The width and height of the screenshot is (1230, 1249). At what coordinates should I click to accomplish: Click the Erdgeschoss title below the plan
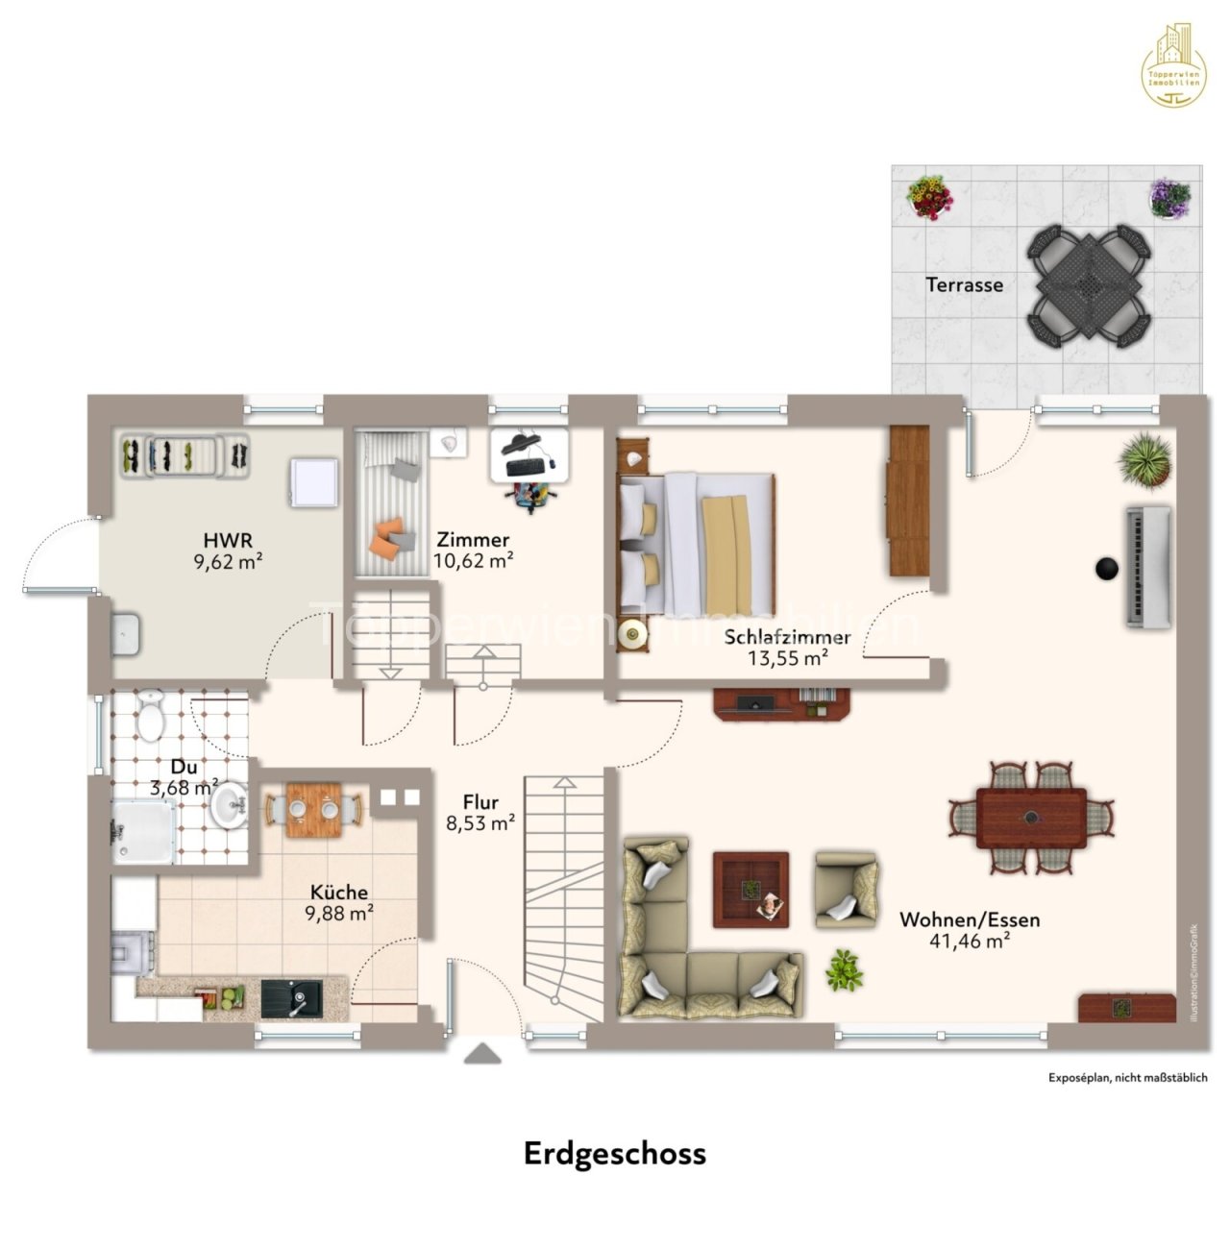(x=614, y=1153)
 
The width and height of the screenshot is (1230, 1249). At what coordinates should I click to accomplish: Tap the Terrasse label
(x=964, y=284)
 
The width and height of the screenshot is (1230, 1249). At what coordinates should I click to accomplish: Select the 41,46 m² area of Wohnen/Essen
(x=969, y=942)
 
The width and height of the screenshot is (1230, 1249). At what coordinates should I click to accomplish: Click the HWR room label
(x=228, y=540)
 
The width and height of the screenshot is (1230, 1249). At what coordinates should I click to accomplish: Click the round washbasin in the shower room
(x=229, y=804)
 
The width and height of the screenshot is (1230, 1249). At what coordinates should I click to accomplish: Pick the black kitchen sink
(x=291, y=999)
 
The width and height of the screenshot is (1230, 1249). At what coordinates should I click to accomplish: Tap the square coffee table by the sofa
(x=750, y=890)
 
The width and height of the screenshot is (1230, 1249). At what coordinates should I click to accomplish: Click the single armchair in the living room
(x=846, y=890)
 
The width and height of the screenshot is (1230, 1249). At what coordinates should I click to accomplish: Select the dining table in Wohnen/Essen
(x=1031, y=819)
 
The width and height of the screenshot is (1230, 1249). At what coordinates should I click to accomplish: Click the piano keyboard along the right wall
(x=1149, y=567)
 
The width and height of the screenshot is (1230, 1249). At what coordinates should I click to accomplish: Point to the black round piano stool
(x=1107, y=568)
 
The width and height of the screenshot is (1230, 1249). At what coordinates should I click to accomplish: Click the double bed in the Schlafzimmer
(x=697, y=544)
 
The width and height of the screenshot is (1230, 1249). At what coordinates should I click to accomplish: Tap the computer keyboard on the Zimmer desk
(x=524, y=467)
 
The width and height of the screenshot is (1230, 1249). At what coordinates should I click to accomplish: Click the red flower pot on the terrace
(x=930, y=197)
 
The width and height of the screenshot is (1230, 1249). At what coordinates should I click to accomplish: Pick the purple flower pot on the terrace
(x=1170, y=199)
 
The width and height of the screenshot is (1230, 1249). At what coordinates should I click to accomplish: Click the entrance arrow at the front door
(x=482, y=1055)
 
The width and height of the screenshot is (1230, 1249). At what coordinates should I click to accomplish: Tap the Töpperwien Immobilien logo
(x=1171, y=64)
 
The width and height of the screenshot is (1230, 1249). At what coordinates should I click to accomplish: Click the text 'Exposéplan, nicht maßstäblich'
(x=1127, y=1078)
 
